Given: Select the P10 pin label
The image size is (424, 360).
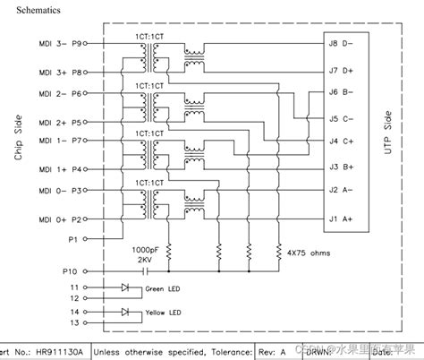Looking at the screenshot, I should click(72, 270).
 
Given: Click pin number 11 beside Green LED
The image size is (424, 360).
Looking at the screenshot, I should click(75, 287).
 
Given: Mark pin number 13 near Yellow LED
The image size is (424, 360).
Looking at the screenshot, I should click(75, 322).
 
